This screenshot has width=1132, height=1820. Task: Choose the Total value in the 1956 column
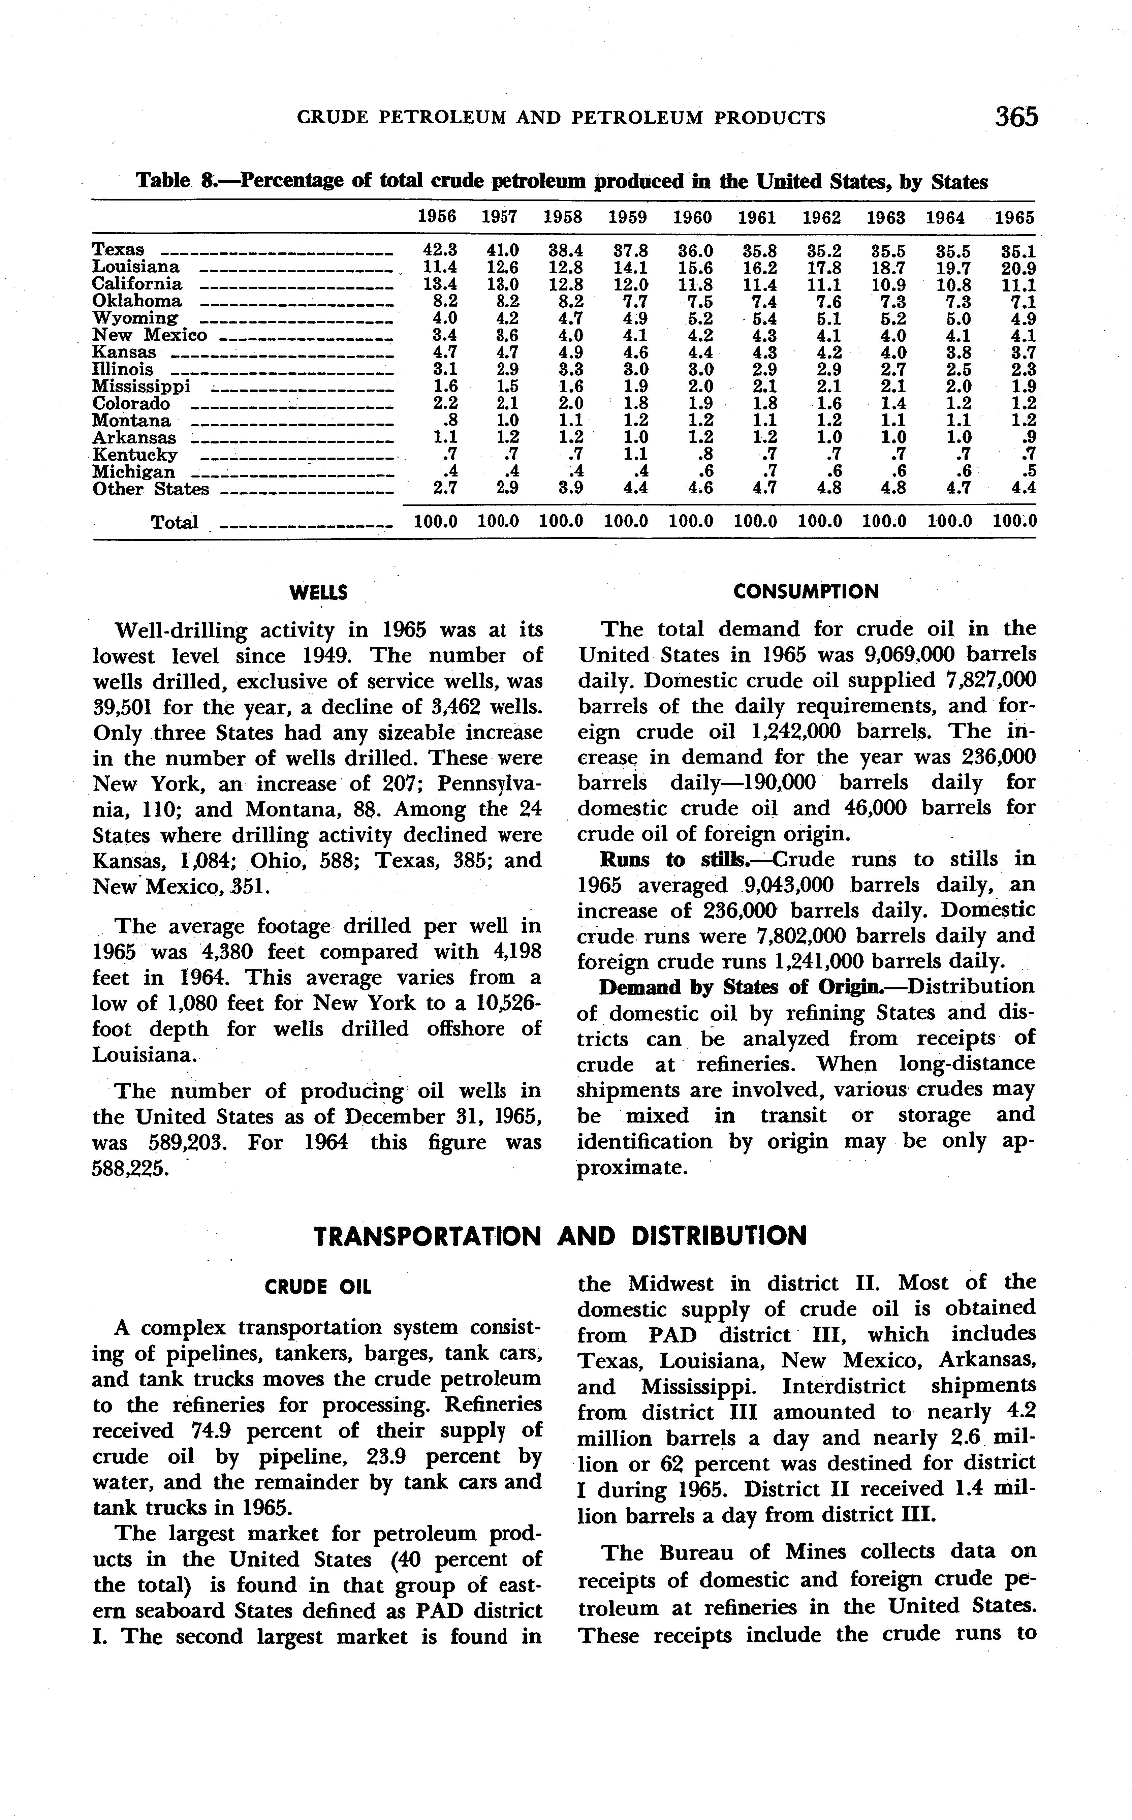[x=436, y=522]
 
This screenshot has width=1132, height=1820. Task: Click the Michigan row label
[x=134, y=472]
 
